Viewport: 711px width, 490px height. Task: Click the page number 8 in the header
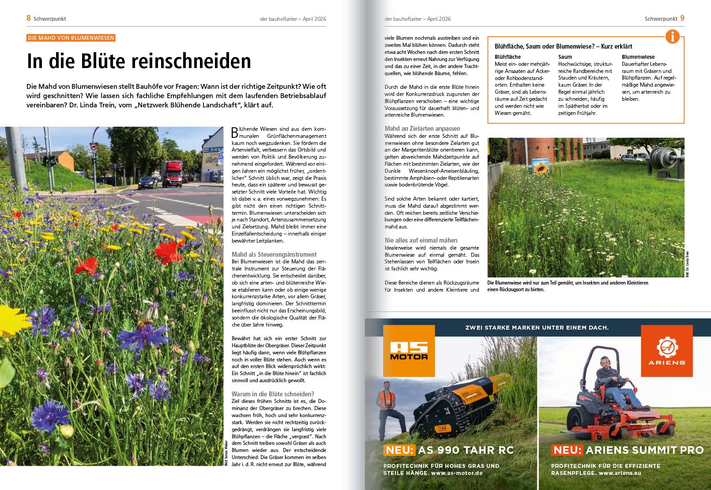coord(29,18)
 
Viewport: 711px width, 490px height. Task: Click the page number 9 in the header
coord(682,18)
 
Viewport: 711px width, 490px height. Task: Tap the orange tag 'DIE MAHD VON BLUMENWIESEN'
coord(71,38)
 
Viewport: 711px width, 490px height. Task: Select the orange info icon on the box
coord(672,37)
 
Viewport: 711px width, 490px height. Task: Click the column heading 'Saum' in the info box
coord(565,57)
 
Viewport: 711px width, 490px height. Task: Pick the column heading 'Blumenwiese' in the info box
coord(638,57)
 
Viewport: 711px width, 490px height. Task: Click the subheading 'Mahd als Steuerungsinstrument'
coord(274,254)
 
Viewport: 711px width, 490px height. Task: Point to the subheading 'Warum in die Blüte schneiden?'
coord(273,394)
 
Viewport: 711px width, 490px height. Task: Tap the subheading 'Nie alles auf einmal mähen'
coord(421,240)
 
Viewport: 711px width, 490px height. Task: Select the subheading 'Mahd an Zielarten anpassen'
coord(422,129)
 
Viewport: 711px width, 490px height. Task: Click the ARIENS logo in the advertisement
coord(666,351)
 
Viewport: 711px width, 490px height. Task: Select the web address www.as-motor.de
coord(456,473)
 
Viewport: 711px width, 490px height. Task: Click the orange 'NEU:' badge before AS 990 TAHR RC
coord(399,450)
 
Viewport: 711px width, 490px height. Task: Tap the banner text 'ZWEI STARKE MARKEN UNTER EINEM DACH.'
coord(537,328)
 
